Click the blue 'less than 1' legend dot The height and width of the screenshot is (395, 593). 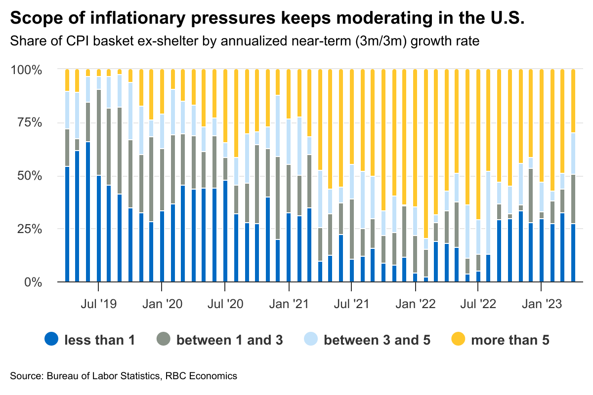51,340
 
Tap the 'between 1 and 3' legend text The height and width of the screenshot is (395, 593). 230,340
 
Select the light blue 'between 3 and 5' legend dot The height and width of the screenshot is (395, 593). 310,340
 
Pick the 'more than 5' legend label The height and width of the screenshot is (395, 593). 510,340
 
